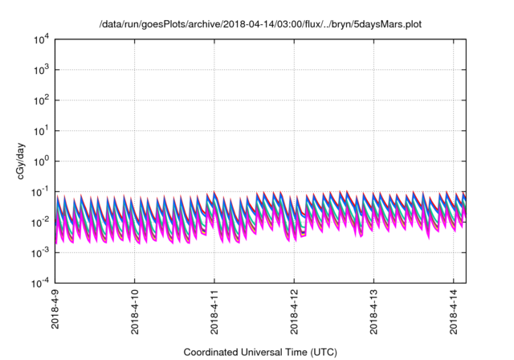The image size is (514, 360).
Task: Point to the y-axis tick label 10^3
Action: pyautogui.click(x=40, y=69)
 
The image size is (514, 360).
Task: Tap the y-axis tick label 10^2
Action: pyautogui.click(x=40, y=100)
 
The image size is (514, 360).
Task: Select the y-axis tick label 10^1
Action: pyautogui.click(x=40, y=130)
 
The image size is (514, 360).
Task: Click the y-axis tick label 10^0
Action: pyautogui.click(x=40, y=161)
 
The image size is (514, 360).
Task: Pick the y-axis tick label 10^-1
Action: pyautogui.click(x=39, y=191)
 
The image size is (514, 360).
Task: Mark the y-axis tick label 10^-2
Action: pyautogui.click(x=39, y=222)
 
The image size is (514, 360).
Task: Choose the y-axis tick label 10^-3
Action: pyautogui.click(x=39, y=252)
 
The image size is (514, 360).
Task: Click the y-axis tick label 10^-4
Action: pyautogui.click(x=39, y=282)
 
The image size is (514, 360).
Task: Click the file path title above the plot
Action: pyautogui.click(x=259, y=24)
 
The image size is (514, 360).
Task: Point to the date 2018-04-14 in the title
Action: pyautogui.click(x=230, y=24)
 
